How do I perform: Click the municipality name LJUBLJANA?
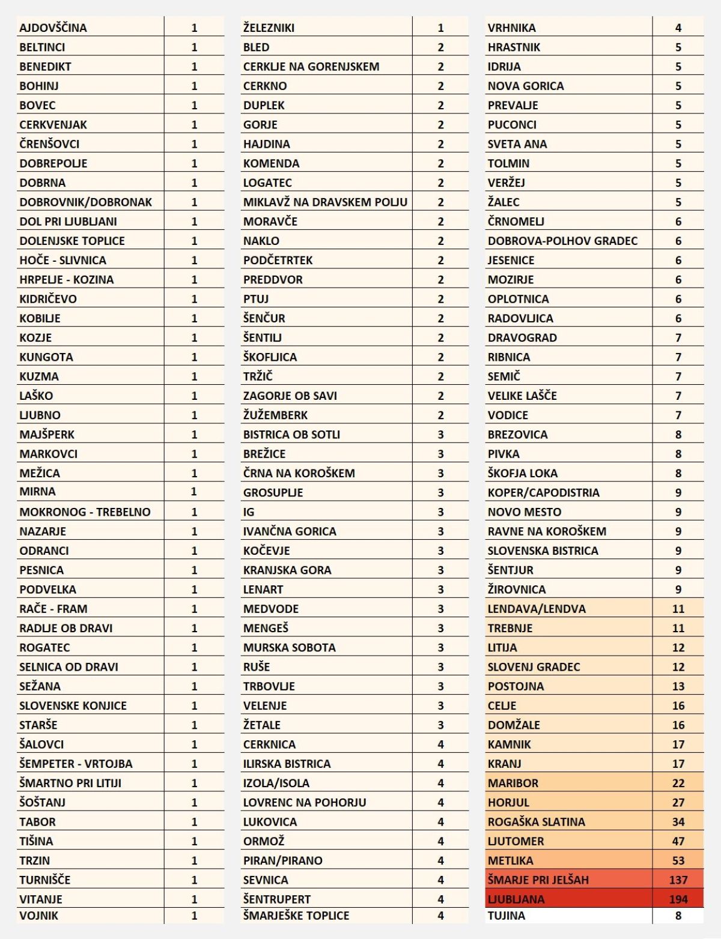[x=516, y=899]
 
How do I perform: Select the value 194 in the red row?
[x=678, y=899]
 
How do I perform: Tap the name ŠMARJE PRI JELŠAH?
[x=538, y=880]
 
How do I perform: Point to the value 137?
[x=678, y=880]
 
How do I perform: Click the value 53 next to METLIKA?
[x=678, y=860]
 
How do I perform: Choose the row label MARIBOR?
[x=513, y=783]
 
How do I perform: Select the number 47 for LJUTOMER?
[x=678, y=841]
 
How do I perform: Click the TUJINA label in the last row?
[x=506, y=916]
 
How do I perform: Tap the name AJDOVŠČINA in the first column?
[x=53, y=28]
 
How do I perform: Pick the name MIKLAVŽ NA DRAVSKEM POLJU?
[x=325, y=202]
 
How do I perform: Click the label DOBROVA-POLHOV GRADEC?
[x=562, y=241]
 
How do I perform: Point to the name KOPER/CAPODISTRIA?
[x=543, y=492]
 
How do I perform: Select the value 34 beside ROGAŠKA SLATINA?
[x=678, y=821]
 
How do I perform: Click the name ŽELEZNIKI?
[x=269, y=28]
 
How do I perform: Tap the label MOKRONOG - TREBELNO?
[x=85, y=512]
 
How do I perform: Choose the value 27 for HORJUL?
[x=678, y=802]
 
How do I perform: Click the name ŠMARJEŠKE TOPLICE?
[x=296, y=916]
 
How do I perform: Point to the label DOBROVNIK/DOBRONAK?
[x=85, y=202]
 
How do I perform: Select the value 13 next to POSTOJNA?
[x=678, y=686]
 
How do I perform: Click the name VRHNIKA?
[x=511, y=28]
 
